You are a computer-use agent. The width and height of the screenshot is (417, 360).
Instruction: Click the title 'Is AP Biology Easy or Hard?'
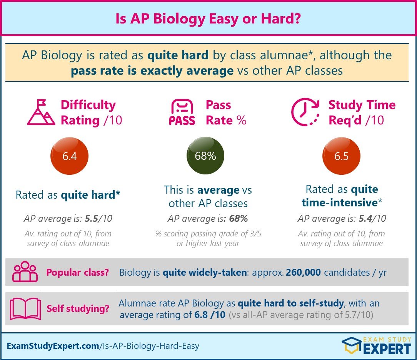pos(208,19)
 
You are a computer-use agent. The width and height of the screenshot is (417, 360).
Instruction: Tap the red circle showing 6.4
pos(70,156)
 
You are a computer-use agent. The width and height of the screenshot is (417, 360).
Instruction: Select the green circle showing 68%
pos(205,156)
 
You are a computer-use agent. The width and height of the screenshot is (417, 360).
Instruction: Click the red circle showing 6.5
pos(341,156)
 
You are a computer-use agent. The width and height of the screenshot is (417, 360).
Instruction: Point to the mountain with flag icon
pos(41,112)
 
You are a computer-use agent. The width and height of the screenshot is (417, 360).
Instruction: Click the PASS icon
pos(182,112)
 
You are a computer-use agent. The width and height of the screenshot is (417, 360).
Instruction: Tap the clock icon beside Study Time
pos(305,112)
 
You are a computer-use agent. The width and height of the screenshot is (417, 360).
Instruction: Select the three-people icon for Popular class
pos(25,272)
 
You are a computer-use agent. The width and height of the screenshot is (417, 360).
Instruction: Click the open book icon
pos(25,308)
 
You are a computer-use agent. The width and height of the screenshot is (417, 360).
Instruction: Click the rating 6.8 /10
pos(210,315)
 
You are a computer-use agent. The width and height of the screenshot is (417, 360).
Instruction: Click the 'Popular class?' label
pos(77,273)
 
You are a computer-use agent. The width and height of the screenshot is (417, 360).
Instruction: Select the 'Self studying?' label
pos(77,309)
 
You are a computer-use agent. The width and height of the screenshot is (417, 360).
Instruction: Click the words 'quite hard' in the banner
pos(178,55)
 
